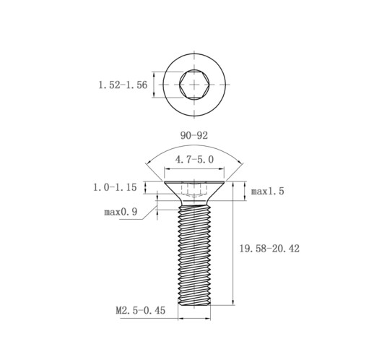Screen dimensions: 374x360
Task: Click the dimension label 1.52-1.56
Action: click(123, 85)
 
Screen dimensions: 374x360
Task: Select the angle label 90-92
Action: click(194, 135)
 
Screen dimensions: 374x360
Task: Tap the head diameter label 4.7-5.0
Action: click(194, 160)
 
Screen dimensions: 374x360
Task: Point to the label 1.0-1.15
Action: click(115, 187)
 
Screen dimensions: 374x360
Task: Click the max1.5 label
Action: click(267, 192)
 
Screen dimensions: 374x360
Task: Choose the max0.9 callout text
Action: click(121, 212)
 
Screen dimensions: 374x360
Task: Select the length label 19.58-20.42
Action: click(269, 249)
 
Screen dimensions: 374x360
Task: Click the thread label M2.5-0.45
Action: click(141, 310)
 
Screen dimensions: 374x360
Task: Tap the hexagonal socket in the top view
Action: click(194, 85)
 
